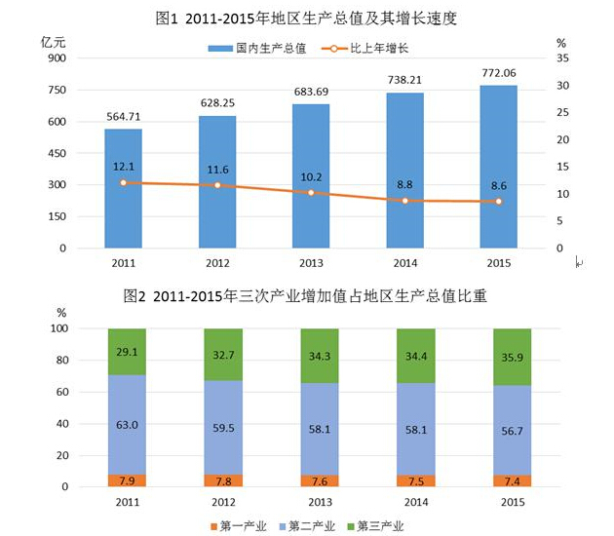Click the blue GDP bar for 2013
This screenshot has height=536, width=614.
[311, 175]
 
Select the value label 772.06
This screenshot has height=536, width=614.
[498, 74]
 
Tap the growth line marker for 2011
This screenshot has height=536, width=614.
[123, 182]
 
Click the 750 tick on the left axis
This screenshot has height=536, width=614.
[56, 90]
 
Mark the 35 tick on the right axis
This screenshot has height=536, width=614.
[560, 58]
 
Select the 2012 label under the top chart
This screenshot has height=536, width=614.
[217, 262]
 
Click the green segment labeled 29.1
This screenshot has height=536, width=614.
[126, 352]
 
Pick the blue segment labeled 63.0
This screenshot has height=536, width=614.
[126, 425]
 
